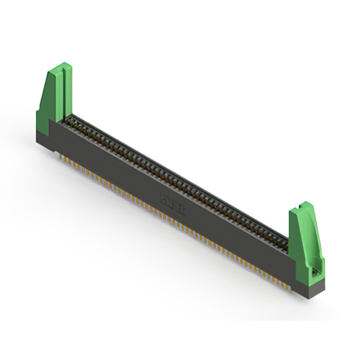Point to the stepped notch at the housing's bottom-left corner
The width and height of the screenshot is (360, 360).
pos(57,150)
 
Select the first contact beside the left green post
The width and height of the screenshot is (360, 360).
pos(71,120)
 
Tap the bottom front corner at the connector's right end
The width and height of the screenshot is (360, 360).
pos(308,296)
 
